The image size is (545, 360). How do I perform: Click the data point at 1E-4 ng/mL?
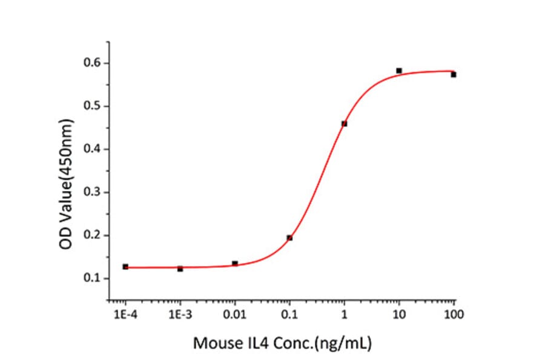125,267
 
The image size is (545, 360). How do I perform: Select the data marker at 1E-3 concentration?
180,268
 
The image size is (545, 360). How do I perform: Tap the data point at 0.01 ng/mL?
235,263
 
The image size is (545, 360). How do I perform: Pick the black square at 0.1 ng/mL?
289,238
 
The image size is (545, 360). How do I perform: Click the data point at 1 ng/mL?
344,124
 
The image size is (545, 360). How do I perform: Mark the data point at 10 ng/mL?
399,71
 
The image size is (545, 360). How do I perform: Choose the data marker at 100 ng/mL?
453,75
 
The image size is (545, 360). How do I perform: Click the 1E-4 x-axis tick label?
125,315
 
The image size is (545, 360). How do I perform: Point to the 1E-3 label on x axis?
180,315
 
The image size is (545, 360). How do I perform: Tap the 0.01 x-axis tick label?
235,315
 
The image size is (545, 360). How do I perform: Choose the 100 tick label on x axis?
454,315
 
